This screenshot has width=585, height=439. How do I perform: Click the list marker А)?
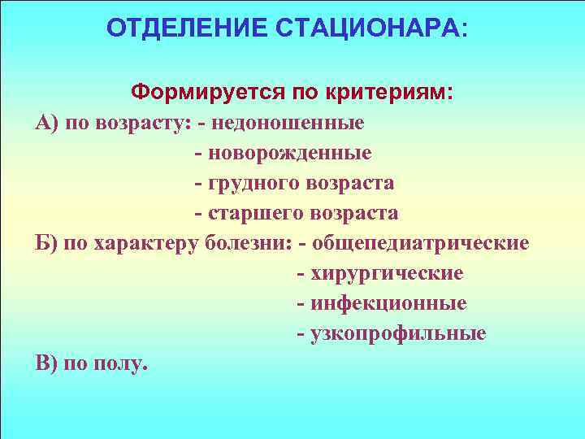pyautogui.click(x=45, y=124)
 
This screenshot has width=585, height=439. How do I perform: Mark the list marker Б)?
pyautogui.click(x=45, y=243)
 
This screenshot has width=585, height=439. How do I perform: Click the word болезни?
pyautogui.click(x=246, y=243)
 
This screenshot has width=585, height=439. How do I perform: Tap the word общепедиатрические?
pyautogui.click(x=421, y=243)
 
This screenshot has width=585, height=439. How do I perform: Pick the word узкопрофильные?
pyautogui.click(x=398, y=333)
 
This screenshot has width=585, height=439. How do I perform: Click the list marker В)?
pyautogui.click(x=45, y=363)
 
